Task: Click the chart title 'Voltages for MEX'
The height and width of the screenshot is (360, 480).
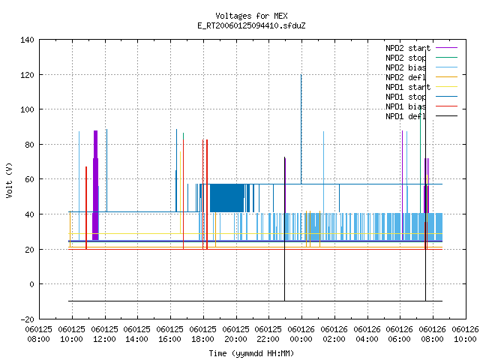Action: [251, 16]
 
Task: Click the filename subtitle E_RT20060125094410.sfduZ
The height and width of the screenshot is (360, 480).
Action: [251, 25]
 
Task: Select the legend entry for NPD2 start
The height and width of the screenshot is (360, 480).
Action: [408, 48]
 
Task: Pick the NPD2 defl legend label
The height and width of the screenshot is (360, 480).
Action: [406, 77]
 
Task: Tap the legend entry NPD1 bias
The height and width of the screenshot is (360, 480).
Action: [406, 106]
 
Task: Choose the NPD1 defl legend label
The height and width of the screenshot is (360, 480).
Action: [406, 116]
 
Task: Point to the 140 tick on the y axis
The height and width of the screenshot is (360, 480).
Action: [27, 40]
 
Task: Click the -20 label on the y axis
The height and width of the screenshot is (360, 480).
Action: [27, 319]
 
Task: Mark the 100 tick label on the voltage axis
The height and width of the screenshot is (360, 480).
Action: [27, 109]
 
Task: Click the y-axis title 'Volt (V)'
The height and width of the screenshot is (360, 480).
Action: [9, 180]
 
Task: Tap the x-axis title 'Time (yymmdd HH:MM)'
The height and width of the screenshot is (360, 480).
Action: [251, 353]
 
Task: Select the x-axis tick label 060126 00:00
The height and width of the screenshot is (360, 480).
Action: [301, 334]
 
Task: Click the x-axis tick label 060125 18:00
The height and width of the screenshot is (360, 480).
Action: [202, 334]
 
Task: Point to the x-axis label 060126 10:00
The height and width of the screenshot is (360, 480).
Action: [465, 334]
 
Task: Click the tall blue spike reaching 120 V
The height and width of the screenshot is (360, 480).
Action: [301, 129]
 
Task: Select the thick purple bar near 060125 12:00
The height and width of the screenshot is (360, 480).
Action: [95, 185]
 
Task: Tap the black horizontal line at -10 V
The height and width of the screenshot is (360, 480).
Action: [255, 301]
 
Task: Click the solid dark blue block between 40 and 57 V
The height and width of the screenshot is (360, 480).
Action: [226, 198]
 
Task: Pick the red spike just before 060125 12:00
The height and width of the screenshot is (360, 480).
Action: [86, 208]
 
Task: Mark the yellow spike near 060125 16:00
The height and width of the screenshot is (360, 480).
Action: [180, 193]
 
